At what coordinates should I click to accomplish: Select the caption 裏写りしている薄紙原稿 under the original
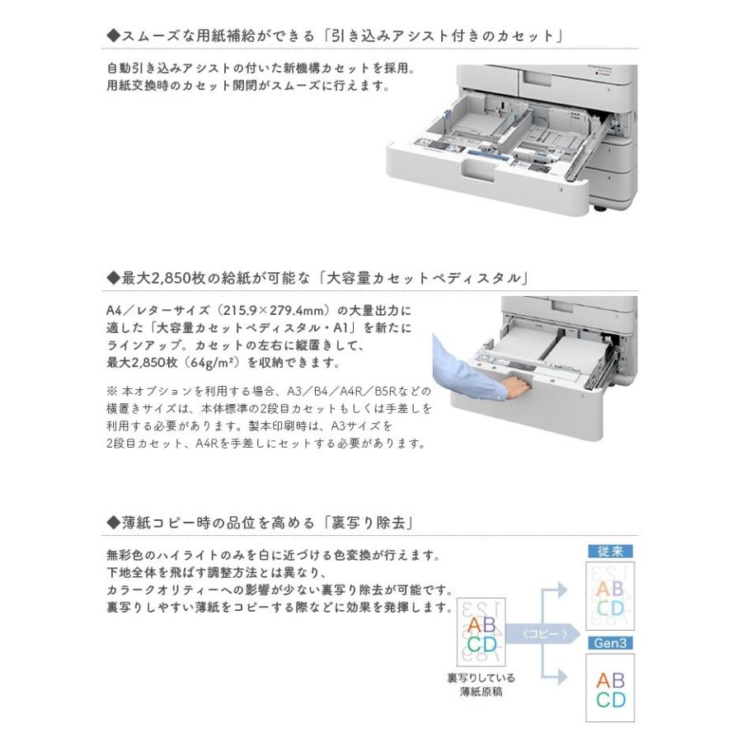click(x=481, y=684)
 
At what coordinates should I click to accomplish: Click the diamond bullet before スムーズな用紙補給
click(x=114, y=36)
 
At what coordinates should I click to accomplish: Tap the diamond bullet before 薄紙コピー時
click(x=114, y=523)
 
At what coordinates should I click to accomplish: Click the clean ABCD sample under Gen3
click(x=610, y=689)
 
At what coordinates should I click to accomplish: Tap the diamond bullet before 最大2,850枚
click(x=114, y=278)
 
